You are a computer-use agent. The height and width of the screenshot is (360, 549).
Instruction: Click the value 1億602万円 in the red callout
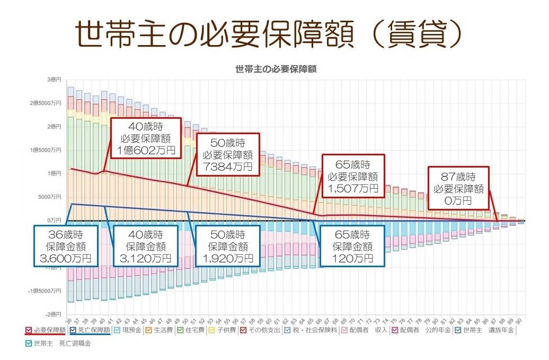click(x=145, y=150)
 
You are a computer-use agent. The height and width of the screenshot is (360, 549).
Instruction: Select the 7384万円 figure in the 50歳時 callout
click(x=227, y=166)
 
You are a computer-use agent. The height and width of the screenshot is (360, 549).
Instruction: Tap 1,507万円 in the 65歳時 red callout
click(x=352, y=188)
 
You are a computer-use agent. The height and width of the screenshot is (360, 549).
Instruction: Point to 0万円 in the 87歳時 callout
click(x=458, y=201)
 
